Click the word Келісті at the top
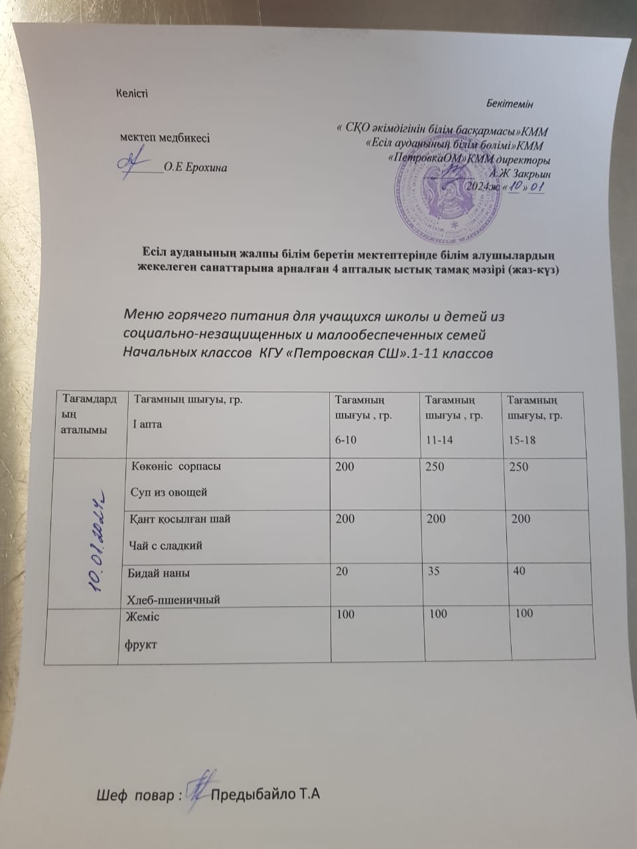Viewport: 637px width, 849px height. [x=132, y=93]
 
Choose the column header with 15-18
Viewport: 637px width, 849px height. [x=520, y=439]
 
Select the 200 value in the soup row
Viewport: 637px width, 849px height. [x=345, y=467]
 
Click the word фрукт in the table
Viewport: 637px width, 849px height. [x=141, y=643]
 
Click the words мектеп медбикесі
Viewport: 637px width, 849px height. [x=165, y=138]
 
